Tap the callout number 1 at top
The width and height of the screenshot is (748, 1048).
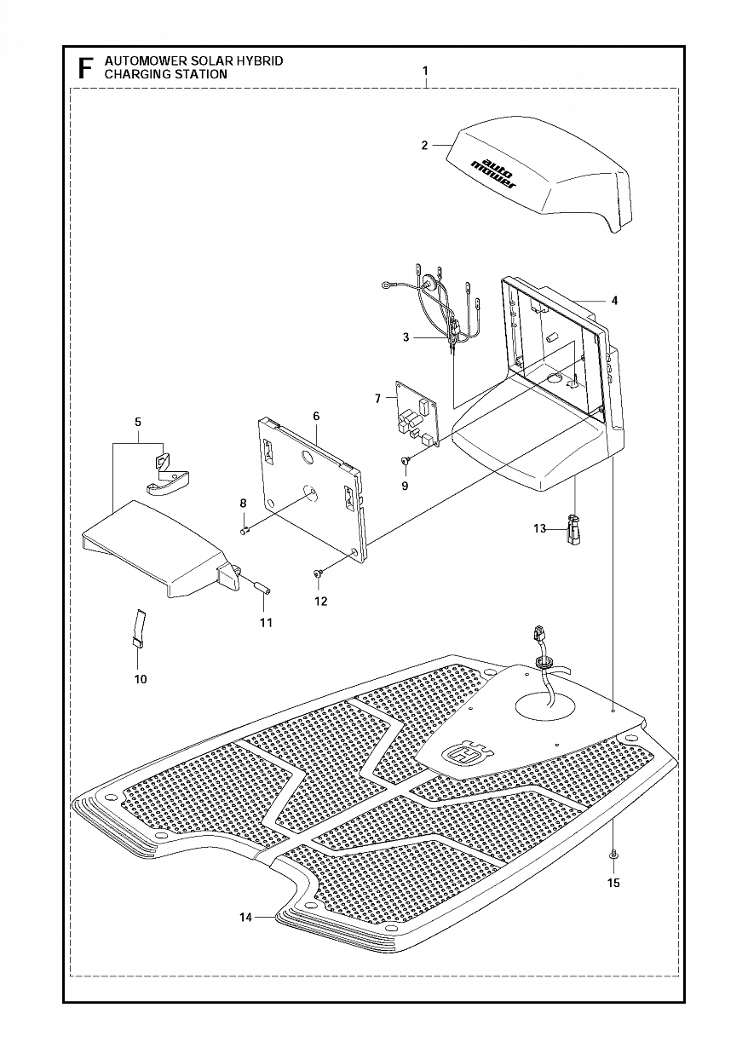coord(425,69)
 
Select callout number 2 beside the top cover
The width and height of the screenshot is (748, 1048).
coord(424,146)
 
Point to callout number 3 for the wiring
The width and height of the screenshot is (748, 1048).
coord(406,337)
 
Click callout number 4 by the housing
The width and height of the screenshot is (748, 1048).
coord(614,301)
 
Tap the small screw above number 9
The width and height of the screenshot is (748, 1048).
coord(406,461)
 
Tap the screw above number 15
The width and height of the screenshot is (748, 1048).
coord(613,854)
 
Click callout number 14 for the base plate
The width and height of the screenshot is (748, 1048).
coord(245,918)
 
